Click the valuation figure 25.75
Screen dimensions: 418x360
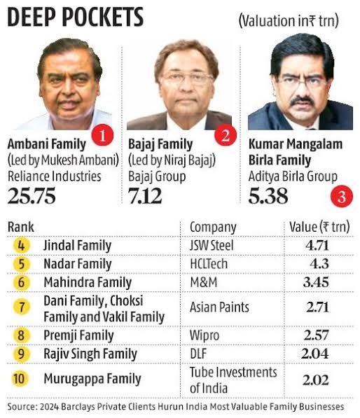click(x=32, y=196)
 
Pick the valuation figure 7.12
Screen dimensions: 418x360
click(x=145, y=196)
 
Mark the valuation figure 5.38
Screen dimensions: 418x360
click(x=268, y=196)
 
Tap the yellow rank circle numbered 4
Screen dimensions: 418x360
click(x=22, y=246)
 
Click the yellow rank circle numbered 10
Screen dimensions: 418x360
click(x=22, y=379)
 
